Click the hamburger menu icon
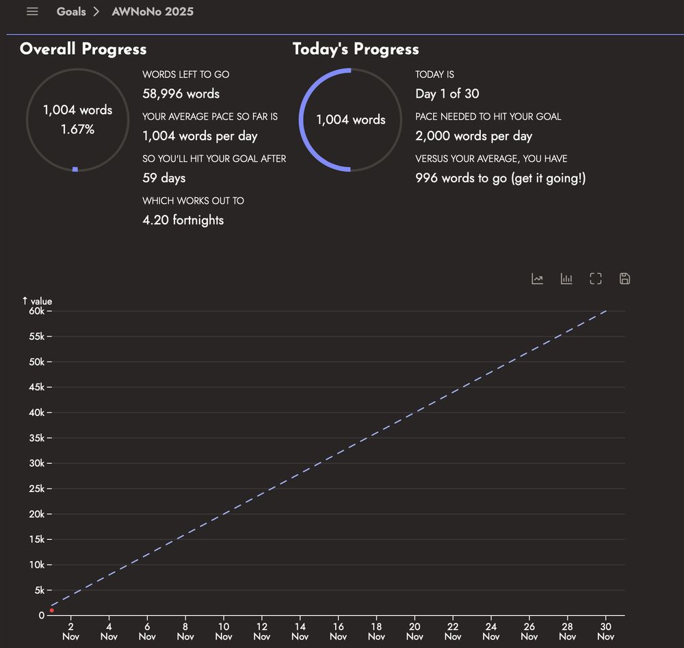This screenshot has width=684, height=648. click(x=32, y=12)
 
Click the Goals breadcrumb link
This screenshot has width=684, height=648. click(x=71, y=12)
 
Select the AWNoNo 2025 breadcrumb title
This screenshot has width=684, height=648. click(x=153, y=12)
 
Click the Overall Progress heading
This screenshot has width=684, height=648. click(x=83, y=49)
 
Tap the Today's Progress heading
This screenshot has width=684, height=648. click(x=356, y=49)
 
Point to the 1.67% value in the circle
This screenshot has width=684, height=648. click(x=77, y=129)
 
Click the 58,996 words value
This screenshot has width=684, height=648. click(x=181, y=94)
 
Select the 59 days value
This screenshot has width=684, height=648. click(x=163, y=178)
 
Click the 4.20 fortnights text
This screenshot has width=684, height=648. click(x=183, y=220)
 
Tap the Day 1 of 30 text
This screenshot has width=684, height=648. click(x=447, y=94)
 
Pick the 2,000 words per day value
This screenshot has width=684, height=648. click(x=473, y=135)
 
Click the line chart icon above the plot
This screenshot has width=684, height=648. click(x=538, y=278)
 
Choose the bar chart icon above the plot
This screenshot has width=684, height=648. click(x=566, y=278)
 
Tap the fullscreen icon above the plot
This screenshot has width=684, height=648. click(x=596, y=278)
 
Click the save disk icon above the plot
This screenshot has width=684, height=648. click(x=624, y=278)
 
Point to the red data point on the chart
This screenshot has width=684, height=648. click(x=52, y=610)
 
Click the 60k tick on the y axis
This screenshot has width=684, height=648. click(x=37, y=311)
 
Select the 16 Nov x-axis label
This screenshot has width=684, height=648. click(x=338, y=632)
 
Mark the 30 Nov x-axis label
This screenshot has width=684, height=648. click(x=605, y=632)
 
